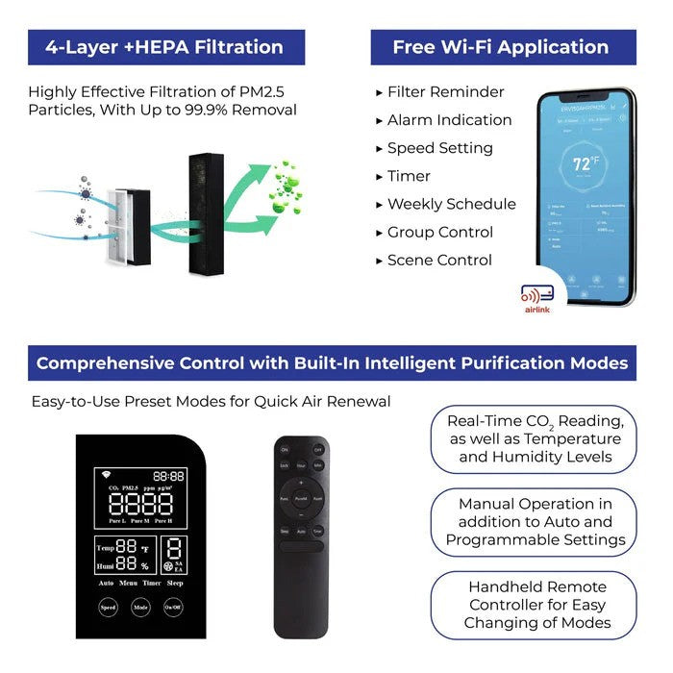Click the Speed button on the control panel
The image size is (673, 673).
pos(109,608)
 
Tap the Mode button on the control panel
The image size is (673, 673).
pos(140,608)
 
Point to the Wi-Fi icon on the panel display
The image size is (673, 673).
pos(105,475)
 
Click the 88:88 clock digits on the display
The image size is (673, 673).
pos(168,476)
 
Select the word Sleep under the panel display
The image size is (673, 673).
pos(175,583)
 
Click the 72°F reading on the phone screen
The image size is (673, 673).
pos(584,163)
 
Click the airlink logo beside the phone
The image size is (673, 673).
pos(536,299)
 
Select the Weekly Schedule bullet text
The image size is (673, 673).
pos(451,204)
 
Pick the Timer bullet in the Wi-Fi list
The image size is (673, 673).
pos(409,176)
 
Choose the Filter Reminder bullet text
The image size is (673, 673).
pos(445,92)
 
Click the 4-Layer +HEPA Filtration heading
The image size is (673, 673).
pos(166,47)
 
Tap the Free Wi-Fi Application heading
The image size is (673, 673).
pos(500,47)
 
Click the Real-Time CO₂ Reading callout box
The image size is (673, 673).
pos(535,439)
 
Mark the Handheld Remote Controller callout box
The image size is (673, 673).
pos(535,605)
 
